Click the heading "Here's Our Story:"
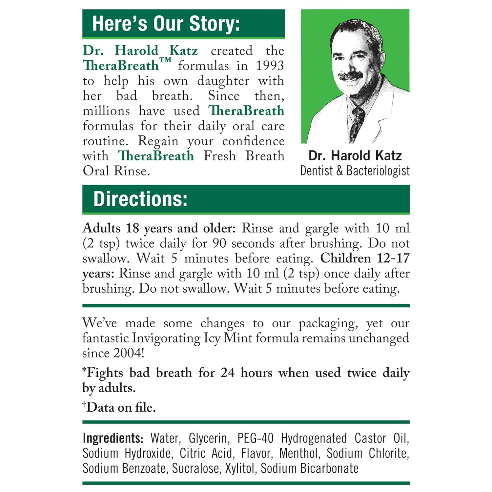tap(166, 24)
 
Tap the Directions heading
tap(140, 199)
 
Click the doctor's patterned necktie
tap(357, 123)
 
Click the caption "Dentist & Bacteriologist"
tap(355, 171)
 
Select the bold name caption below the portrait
tap(355, 155)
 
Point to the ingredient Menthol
tap(299, 453)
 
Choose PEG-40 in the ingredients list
tap(255, 438)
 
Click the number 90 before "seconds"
tap(219, 243)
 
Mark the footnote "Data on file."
tap(120, 407)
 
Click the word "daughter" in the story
tap(223, 81)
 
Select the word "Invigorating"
tap(166, 338)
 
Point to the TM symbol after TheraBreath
tap(165, 61)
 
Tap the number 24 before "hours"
tap(227, 373)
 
